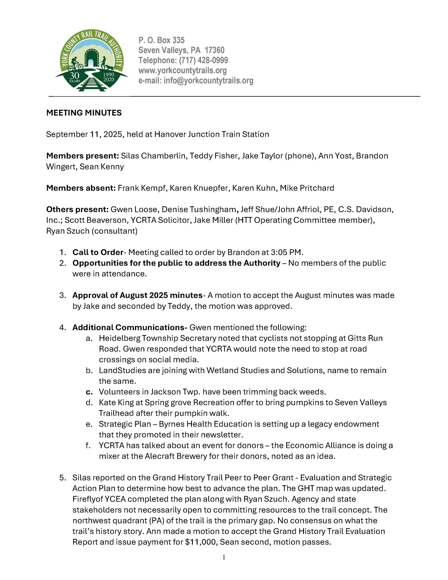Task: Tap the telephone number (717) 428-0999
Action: [x=203, y=60]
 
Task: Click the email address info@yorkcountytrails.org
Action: [x=208, y=80]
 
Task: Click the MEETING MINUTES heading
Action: [x=84, y=113]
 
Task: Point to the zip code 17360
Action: [x=215, y=50]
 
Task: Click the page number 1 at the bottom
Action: [x=224, y=557]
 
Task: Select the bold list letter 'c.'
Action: [x=89, y=392]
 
